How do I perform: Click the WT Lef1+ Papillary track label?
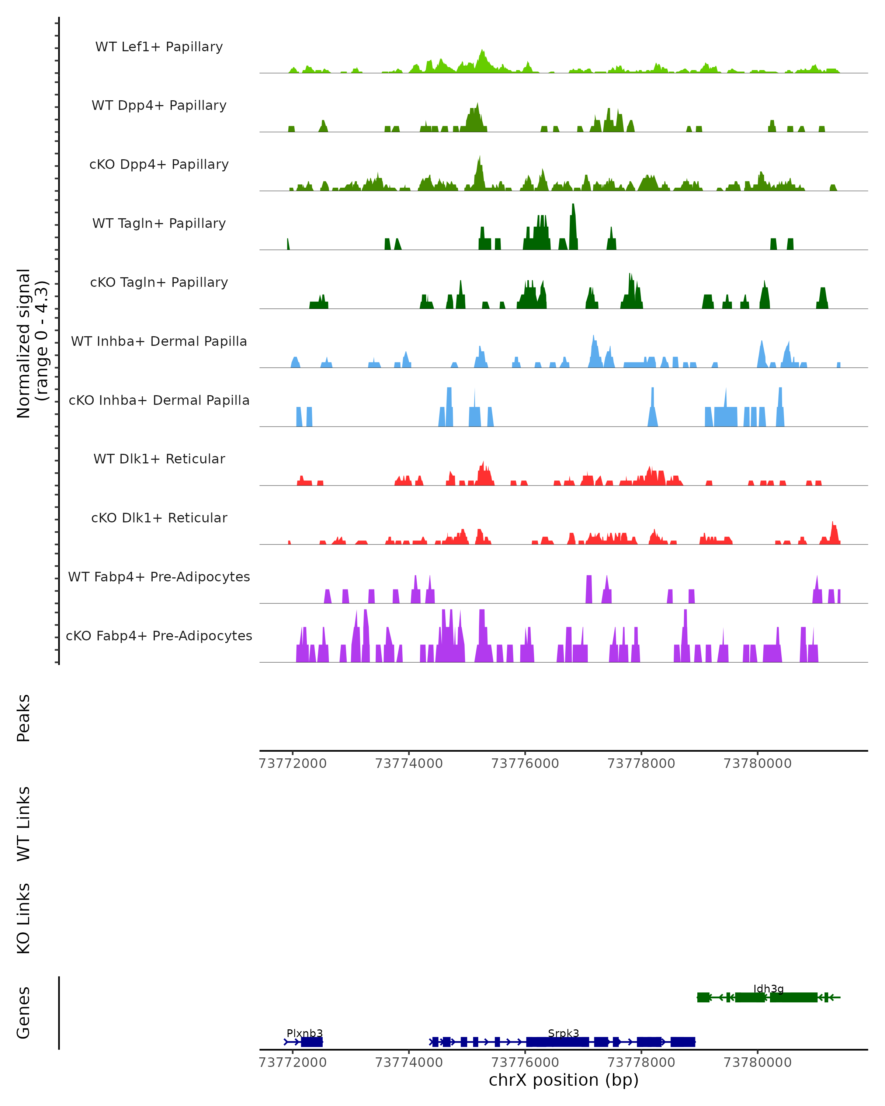[x=159, y=47]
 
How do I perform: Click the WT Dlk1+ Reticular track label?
[x=159, y=459]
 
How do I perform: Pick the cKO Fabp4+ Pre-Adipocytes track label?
[x=159, y=636]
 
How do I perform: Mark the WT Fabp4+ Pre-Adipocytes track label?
[x=159, y=577]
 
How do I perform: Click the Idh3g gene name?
[x=768, y=988]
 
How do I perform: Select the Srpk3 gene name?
[x=563, y=1033]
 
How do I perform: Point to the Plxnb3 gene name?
[x=305, y=1033]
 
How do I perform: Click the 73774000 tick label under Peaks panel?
[x=409, y=764]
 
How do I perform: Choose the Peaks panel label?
[x=24, y=718]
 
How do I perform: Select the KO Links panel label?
[x=24, y=918]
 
